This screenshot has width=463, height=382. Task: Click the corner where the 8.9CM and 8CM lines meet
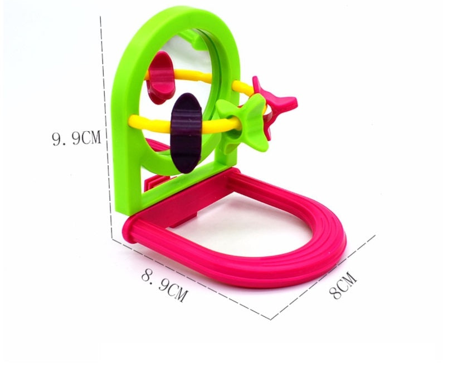point(271,319)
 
